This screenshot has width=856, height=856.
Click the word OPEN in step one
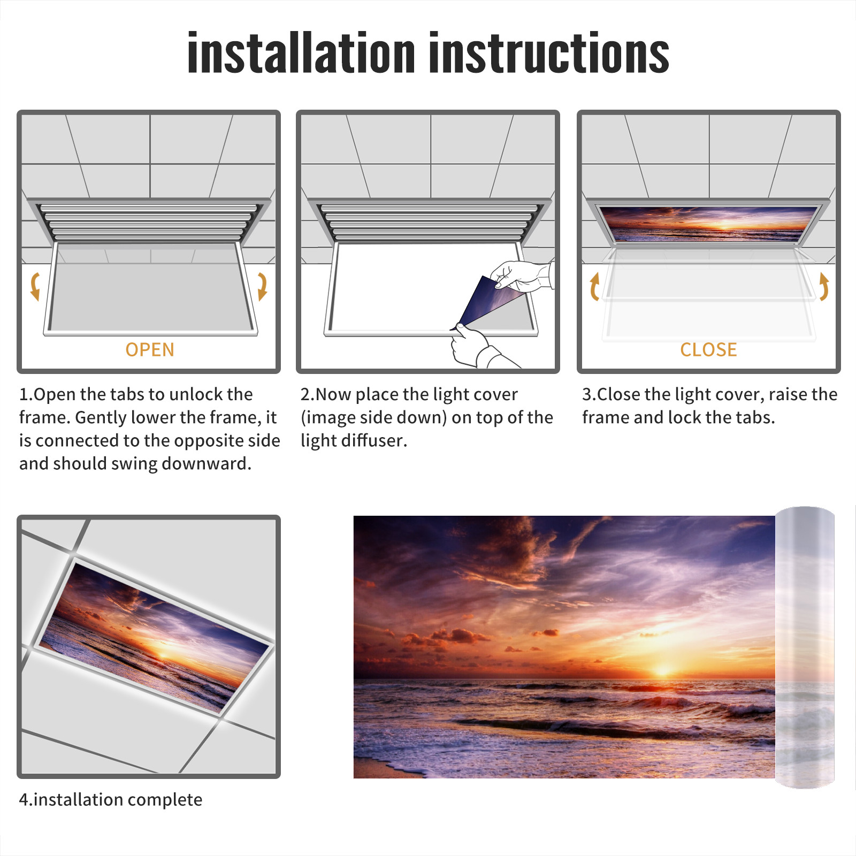[150, 350]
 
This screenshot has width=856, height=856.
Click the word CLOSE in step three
[708, 350]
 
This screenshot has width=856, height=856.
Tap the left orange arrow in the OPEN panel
[35, 286]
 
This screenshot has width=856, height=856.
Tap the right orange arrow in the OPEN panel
[262, 286]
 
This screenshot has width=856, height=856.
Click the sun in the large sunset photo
[663, 669]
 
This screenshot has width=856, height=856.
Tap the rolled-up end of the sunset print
[805, 647]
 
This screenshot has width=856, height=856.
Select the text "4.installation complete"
[111, 800]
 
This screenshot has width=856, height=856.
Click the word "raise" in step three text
[784, 394]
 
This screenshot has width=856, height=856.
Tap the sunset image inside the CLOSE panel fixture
[708, 224]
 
